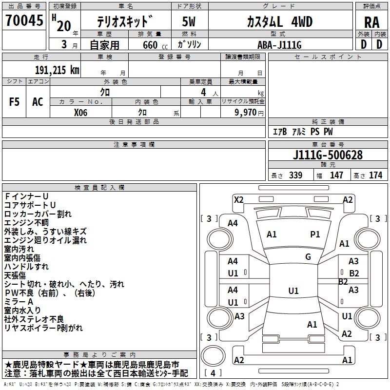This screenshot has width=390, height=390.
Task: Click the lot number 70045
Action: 24,21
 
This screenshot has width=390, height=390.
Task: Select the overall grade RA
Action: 371,22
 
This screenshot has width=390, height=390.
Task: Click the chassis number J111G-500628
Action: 328,155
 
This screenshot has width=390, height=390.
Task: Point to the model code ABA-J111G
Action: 279,45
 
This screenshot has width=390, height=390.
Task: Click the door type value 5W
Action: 189,22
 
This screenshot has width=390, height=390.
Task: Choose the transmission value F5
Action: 15,102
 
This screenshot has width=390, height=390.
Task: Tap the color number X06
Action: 81,112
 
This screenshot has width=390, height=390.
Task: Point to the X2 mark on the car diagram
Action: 239,199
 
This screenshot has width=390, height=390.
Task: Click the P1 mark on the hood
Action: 315,234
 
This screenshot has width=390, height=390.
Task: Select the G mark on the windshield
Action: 308,257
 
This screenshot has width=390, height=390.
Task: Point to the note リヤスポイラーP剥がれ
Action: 44,328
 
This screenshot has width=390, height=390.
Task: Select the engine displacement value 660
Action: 150,45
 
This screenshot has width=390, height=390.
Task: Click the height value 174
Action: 375,175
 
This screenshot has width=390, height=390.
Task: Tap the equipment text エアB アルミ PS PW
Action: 303,132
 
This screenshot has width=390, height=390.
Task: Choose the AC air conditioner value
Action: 38,102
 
